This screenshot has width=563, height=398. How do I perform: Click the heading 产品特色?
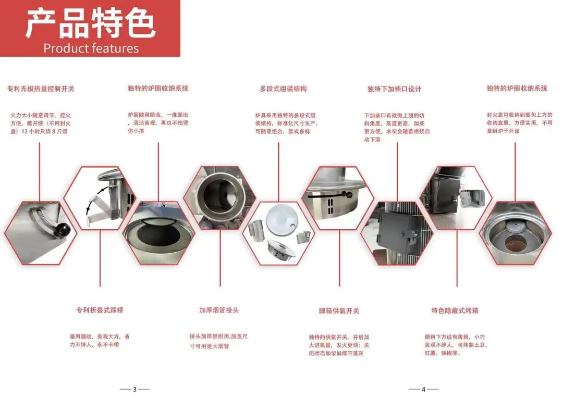[90, 23]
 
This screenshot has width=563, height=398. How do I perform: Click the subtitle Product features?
[91, 48]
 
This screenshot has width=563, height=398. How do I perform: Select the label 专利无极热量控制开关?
[41, 89]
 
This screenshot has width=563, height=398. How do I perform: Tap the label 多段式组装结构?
[283, 89]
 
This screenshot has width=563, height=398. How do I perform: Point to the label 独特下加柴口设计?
[394, 89]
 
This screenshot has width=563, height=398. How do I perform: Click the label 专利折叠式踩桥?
[100, 310]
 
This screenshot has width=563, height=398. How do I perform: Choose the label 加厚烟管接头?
[219, 310]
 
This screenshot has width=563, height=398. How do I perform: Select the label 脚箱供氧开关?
[339, 310]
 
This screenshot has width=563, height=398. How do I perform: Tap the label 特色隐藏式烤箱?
[455, 310]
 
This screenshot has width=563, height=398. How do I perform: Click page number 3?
[134, 389]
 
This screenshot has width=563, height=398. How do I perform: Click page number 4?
[424, 389]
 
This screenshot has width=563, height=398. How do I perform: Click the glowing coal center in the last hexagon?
[515, 241]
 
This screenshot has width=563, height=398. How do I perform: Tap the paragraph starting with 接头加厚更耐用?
[218, 341]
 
